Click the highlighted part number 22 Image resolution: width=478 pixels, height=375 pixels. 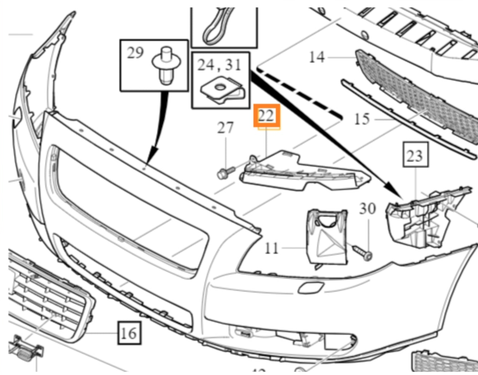point(266,116)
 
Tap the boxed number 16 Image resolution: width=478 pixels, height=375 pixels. point(129,333)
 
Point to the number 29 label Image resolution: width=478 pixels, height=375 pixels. point(136,53)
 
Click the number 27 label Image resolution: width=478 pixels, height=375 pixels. point(225,127)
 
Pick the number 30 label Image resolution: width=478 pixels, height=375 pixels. point(367,209)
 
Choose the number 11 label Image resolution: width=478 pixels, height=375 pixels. point(271,247)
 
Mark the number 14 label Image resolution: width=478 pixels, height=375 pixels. point(317,57)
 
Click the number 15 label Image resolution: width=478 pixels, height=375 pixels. point(362,119)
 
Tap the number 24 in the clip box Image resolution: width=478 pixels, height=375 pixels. point(207,65)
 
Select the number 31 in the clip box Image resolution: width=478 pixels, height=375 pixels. point(234,65)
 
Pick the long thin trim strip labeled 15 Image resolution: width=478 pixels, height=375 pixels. point(407,120)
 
